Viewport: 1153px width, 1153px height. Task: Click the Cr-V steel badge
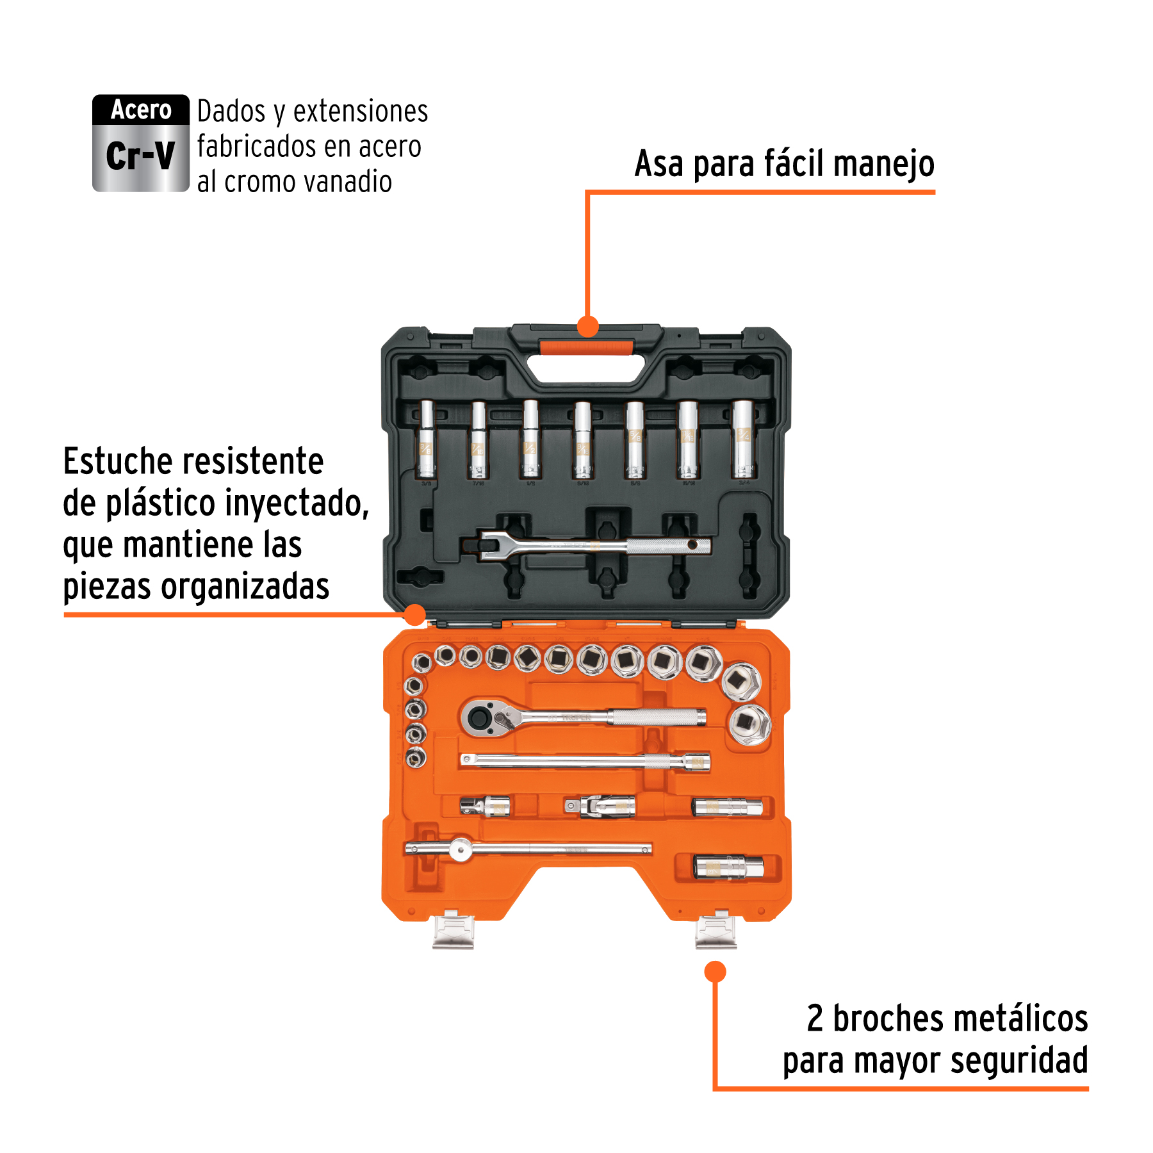140,143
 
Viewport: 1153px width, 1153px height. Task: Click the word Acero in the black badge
141,110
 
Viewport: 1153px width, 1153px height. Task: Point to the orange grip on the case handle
586,348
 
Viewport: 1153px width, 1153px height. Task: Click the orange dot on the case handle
587,326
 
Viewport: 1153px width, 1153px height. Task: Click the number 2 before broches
815,1018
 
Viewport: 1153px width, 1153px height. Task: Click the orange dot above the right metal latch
715,972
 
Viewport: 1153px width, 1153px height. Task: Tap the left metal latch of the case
453,931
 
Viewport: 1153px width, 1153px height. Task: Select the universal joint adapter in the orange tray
600,806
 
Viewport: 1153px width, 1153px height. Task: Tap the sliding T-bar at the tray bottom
528,849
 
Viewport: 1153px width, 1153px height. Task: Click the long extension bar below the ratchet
584,761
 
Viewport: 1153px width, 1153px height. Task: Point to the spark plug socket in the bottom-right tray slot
728,867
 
